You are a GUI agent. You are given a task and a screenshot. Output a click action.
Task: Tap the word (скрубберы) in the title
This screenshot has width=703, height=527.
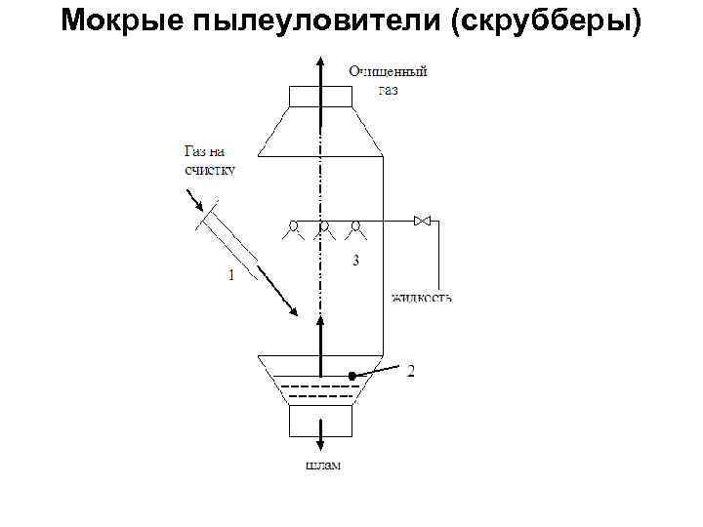tap(546, 21)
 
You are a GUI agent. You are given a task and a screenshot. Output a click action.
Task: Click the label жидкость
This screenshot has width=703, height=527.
tap(421, 296)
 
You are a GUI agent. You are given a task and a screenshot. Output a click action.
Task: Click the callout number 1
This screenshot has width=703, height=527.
tap(230, 276)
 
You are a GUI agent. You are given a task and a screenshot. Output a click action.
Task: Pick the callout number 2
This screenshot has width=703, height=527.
tap(412, 370)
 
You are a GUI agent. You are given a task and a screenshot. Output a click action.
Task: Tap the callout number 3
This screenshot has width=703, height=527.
tap(356, 261)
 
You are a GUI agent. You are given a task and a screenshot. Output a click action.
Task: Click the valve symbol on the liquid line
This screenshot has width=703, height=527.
tap(423, 222)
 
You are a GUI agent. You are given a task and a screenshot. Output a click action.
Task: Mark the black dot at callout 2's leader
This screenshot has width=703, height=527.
tap(351, 376)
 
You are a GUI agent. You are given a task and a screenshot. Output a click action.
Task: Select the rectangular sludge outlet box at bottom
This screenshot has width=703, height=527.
tap(319, 422)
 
